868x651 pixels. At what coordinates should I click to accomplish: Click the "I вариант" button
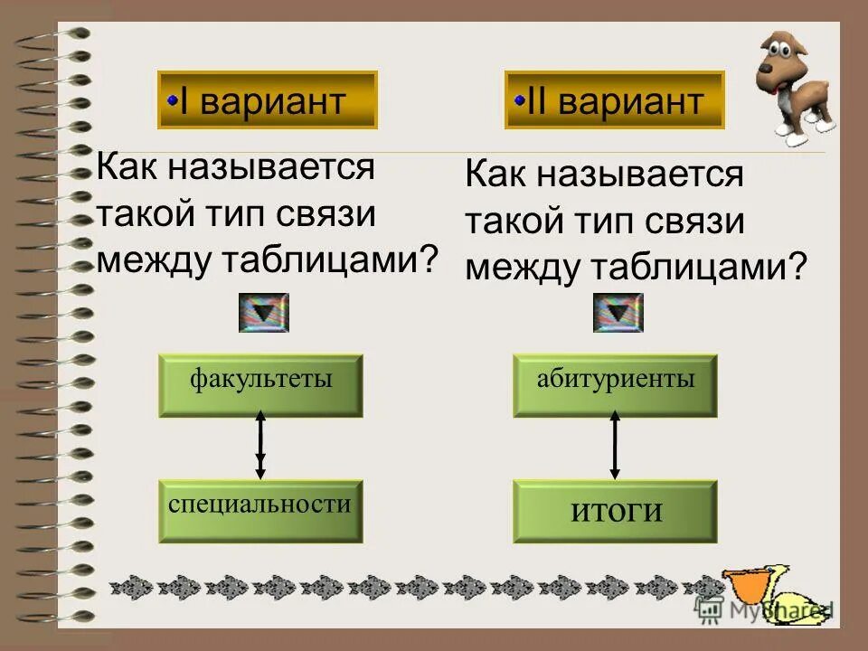(267, 100)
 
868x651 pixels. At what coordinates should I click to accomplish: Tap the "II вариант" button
(614, 100)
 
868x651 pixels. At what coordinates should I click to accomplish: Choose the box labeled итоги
(615, 511)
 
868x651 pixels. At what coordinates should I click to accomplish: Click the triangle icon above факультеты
(263, 313)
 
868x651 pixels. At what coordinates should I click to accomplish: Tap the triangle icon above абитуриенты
(618, 313)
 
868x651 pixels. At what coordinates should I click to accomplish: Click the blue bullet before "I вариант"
(171, 101)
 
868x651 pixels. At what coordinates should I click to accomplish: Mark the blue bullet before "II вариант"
(518, 101)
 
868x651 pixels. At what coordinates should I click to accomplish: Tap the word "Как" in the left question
(127, 168)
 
